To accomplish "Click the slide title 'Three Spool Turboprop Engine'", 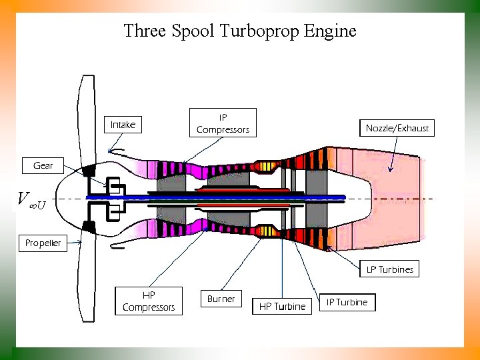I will pos(240,31).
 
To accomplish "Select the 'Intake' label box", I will pos(123,125).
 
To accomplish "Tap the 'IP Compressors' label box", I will pos(223,123).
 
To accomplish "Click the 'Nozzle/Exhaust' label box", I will pos(397,128).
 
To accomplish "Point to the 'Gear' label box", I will pos(43,165).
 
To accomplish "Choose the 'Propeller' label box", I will pos(43,243).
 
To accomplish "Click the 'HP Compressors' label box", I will pos(149,301).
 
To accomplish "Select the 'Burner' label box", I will pos(221,299).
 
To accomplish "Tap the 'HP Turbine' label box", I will pos(282,306).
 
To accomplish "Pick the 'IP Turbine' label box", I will pos(347,302).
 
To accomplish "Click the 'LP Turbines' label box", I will pos(390,269).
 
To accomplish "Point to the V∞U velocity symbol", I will pos(31,199).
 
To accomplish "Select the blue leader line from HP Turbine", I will pos(282,267).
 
